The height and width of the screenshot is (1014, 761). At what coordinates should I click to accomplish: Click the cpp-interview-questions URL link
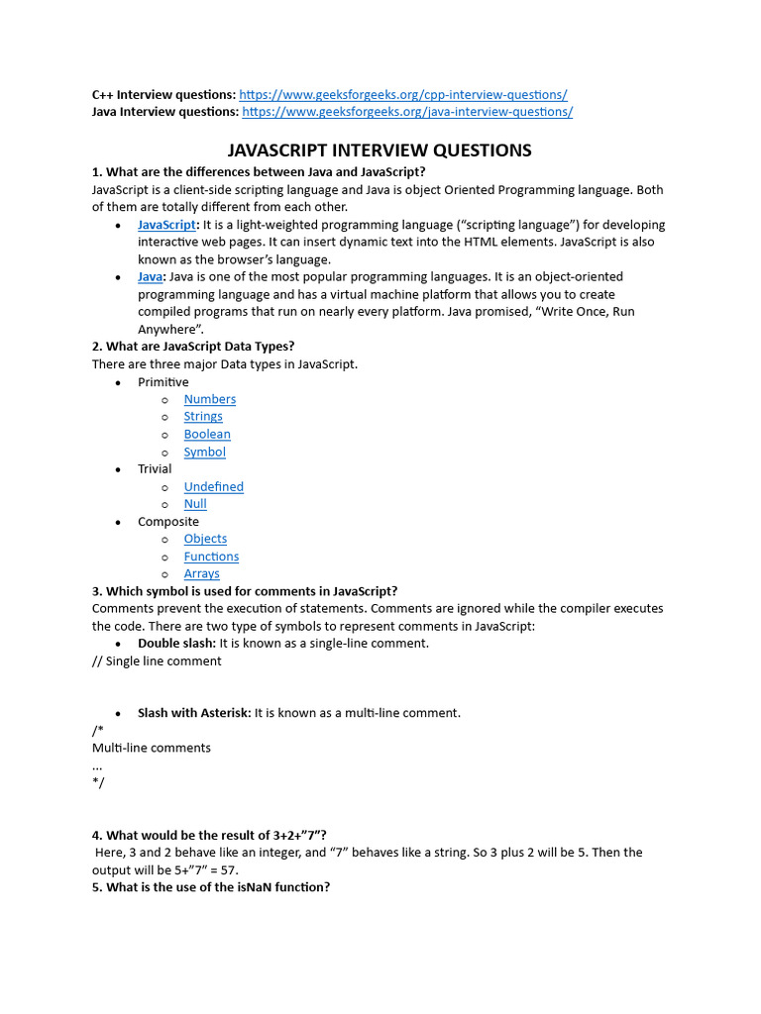(x=403, y=95)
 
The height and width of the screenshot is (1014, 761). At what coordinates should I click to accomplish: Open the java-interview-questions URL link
(x=407, y=112)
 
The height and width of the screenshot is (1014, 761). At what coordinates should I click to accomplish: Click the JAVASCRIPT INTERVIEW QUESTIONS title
(x=380, y=151)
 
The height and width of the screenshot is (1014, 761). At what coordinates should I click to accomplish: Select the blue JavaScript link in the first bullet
(x=166, y=225)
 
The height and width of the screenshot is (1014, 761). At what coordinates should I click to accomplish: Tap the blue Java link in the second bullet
(x=151, y=277)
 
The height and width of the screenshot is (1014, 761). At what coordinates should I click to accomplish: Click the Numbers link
(x=209, y=399)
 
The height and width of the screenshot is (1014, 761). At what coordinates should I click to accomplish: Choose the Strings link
(x=203, y=417)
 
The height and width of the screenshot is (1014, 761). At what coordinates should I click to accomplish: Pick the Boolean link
(x=207, y=434)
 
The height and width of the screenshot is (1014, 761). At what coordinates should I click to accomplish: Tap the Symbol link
(x=204, y=452)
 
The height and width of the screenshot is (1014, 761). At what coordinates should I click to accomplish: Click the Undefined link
(x=213, y=486)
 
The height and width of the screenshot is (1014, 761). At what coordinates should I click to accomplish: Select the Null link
(x=195, y=504)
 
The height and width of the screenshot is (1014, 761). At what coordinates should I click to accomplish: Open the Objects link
(x=205, y=539)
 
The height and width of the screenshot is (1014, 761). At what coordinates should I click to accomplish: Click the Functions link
(x=211, y=557)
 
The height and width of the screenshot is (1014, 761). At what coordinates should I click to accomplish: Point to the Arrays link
(x=201, y=573)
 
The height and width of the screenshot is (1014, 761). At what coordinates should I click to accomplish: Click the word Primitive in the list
(x=163, y=382)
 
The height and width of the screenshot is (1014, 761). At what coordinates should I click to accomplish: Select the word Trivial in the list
(x=155, y=469)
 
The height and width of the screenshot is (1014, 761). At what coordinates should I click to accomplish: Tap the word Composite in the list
(x=168, y=522)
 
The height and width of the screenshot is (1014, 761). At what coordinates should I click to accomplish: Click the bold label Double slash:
(x=176, y=644)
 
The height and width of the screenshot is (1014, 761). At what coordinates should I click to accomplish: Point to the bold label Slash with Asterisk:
(x=194, y=713)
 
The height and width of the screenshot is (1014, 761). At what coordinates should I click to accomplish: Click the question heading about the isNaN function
(x=211, y=887)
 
